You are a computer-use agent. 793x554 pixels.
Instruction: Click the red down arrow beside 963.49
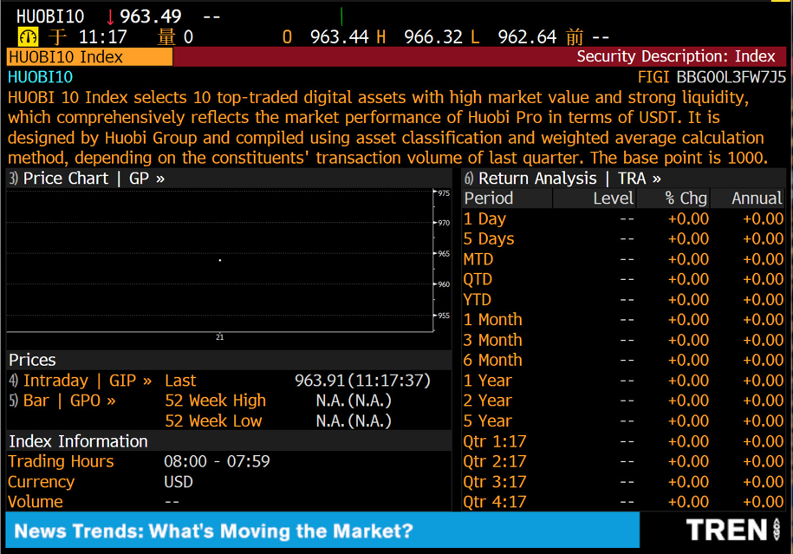(x=110, y=16)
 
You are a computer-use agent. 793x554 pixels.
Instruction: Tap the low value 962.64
(x=527, y=36)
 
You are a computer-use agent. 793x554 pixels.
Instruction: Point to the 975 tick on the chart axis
(x=443, y=193)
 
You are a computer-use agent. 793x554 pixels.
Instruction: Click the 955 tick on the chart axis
(x=443, y=316)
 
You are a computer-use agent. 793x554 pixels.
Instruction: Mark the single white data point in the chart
(x=220, y=260)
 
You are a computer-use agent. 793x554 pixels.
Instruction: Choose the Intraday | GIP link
(x=87, y=381)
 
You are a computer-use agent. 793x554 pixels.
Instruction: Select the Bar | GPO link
(x=68, y=401)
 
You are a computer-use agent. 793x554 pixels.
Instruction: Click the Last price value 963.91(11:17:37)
(x=362, y=381)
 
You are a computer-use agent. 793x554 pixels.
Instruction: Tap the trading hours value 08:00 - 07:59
(x=217, y=461)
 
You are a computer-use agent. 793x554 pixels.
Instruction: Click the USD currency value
(x=179, y=482)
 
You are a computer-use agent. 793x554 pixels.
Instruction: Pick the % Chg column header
(x=686, y=199)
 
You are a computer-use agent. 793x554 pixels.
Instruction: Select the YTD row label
(x=478, y=300)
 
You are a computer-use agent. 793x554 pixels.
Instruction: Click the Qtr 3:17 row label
(x=494, y=482)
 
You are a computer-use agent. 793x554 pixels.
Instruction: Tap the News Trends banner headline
(x=214, y=531)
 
